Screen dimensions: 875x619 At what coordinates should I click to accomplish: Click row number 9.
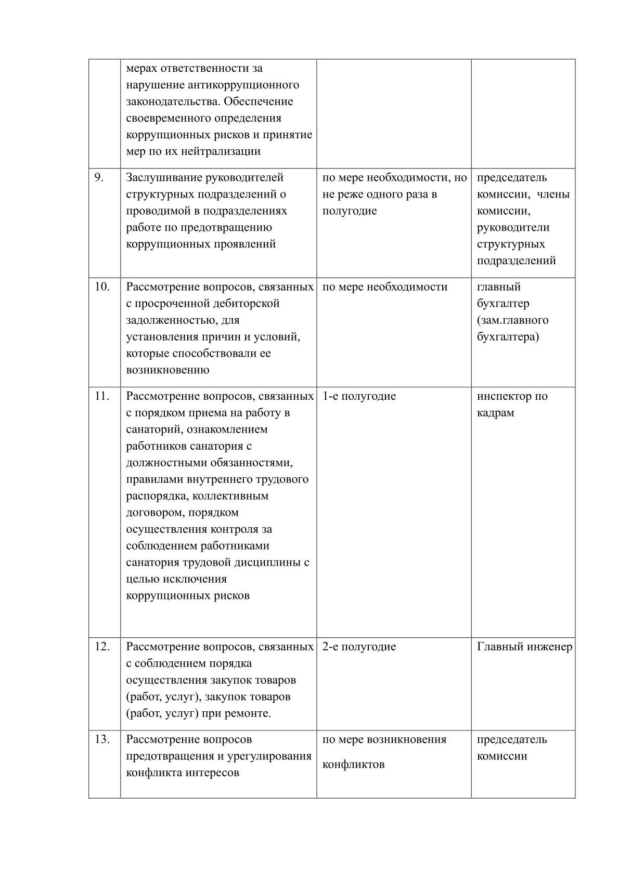click(99, 178)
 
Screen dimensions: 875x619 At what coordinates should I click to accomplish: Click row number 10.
click(101, 287)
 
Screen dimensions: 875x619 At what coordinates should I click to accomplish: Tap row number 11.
click(101, 396)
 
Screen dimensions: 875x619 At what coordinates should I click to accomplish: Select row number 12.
click(101, 647)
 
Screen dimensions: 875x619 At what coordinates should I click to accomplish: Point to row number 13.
click(101, 739)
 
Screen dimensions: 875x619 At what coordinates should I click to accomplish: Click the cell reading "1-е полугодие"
click(359, 396)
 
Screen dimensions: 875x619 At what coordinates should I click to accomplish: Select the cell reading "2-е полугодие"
click(359, 647)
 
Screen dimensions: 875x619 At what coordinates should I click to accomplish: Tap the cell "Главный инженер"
click(524, 647)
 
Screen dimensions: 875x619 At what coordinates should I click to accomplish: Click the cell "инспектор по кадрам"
click(512, 404)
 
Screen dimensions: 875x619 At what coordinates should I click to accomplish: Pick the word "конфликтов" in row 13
click(353, 764)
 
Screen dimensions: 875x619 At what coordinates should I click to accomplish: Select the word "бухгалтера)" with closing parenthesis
click(508, 337)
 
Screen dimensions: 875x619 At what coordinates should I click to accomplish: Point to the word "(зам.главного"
click(512, 320)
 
